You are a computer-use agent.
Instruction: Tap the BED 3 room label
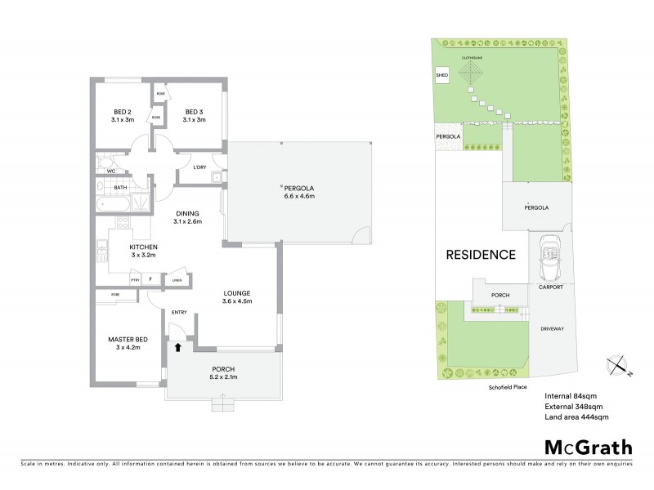point(194,112)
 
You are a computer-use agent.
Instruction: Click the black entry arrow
point(177,347)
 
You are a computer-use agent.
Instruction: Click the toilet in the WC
point(103,163)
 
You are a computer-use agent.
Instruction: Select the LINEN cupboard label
point(175,280)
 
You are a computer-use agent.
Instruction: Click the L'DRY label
point(199,168)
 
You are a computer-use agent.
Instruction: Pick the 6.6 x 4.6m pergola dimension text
point(299,196)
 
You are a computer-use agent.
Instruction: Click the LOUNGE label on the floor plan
point(238,292)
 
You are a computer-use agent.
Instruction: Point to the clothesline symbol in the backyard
point(472,76)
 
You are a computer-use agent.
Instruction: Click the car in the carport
point(547,252)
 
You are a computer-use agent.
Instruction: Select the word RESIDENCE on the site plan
point(480,255)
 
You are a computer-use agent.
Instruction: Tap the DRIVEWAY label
point(552,328)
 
